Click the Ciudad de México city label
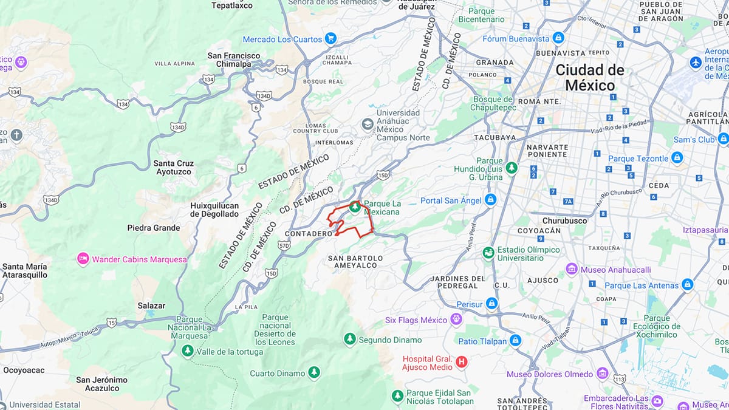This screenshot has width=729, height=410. (x=589, y=78)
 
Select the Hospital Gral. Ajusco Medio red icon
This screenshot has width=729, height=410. (x=462, y=363)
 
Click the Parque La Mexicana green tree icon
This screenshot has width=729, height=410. (x=355, y=208)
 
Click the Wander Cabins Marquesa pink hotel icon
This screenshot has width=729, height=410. (x=83, y=259)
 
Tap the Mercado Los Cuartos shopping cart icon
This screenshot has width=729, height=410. (x=330, y=39)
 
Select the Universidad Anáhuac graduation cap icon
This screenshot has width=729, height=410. (x=367, y=125)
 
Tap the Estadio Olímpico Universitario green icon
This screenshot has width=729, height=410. (x=488, y=253)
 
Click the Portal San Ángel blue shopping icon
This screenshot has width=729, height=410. (x=491, y=200)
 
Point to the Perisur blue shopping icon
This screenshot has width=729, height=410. (x=491, y=302)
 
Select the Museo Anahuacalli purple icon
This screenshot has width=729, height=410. (x=571, y=269)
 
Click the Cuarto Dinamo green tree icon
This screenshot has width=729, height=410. (x=313, y=372)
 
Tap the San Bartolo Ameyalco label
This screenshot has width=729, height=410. (x=355, y=262)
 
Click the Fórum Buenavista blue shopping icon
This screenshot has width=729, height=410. (x=558, y=38)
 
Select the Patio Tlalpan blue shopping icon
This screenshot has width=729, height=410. (x=515, y=341)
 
